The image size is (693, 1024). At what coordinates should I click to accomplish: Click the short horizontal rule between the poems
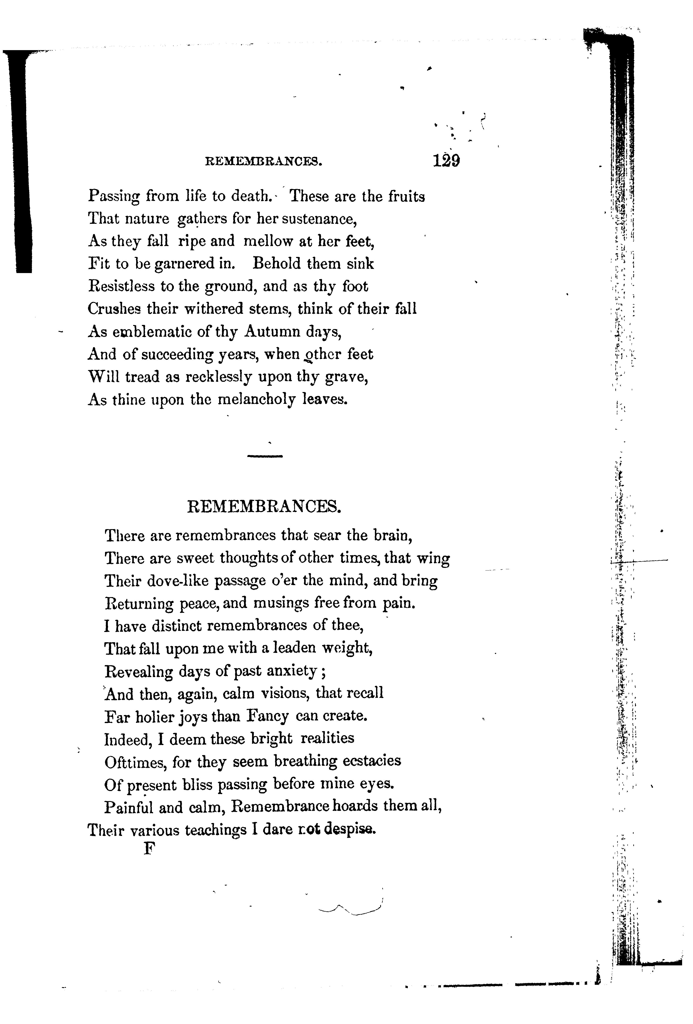pos(264,457)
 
